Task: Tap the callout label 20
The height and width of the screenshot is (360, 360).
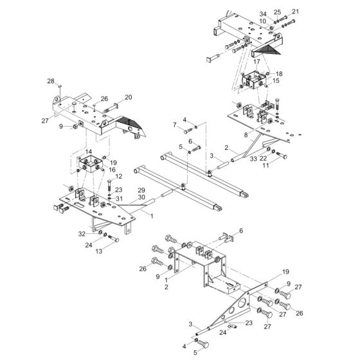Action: [128, 97]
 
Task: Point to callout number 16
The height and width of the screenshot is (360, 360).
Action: [113, 170]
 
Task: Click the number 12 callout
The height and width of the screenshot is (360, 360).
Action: [118, 176]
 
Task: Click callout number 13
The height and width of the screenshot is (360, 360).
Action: [116, 251]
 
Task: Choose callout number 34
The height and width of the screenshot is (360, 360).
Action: [262, 14]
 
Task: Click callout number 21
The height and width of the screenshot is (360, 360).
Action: [296, 12]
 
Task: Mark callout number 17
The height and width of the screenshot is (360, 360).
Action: [256, 62]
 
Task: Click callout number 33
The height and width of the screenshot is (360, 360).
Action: [253, 158]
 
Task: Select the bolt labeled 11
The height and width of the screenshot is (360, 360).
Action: [282, 156]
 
